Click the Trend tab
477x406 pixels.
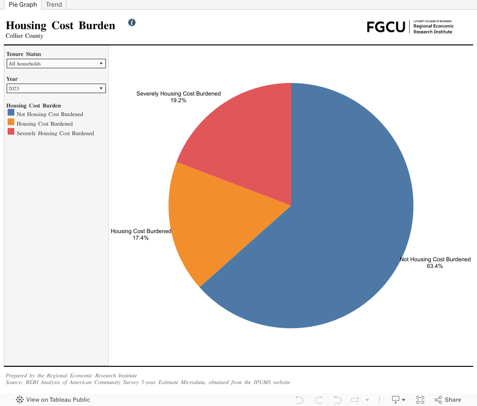click(54, 4)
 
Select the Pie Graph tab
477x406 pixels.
click(22, 4)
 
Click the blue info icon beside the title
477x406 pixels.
click(132, 22)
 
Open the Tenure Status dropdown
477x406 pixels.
click(56, 64)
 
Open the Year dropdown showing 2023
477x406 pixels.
click(56, 88)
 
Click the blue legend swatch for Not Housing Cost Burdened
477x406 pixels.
click(11, 113)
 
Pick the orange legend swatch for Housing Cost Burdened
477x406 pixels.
click(11, 122)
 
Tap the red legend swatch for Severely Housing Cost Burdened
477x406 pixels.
click(11, 132)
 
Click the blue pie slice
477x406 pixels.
click(343, 215)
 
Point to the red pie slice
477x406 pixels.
click(243, 139)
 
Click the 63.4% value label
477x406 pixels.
click(435, 266)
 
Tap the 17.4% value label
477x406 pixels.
click(141, 238)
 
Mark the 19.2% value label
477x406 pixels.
click(178, 101)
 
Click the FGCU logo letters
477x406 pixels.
click(386, 27)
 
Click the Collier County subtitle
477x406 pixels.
click(24, 36)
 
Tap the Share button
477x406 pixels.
click(448, 400)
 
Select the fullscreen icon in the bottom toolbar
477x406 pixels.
click(420, 400)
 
